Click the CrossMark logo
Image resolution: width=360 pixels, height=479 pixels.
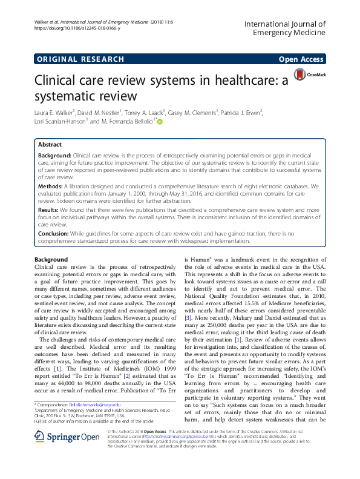308,74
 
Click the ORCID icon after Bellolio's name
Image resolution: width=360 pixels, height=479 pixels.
160,122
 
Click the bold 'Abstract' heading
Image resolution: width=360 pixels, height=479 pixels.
50,145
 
